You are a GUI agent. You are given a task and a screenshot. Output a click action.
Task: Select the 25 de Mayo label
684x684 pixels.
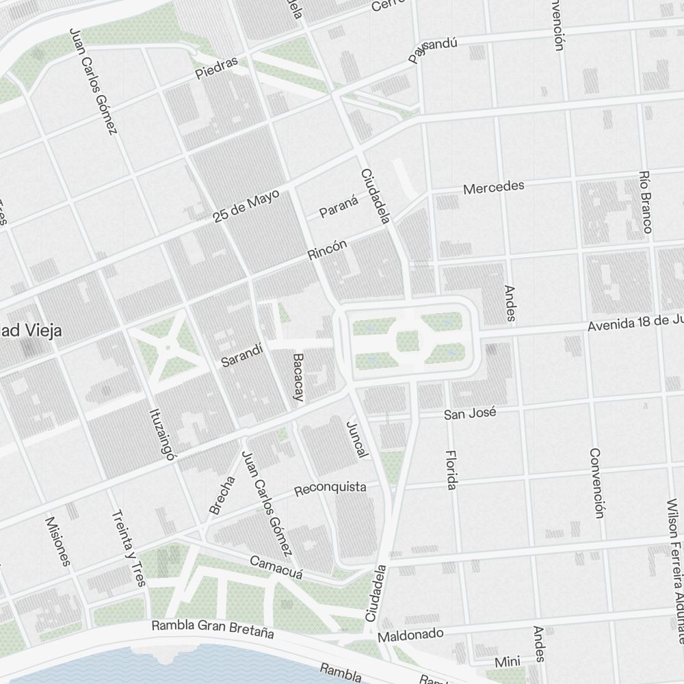click(x=246, y=206)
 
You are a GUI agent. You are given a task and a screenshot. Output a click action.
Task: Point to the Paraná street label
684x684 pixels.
click(x=339, y=207)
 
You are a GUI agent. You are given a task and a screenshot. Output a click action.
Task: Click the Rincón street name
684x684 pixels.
click(x=328, y=249)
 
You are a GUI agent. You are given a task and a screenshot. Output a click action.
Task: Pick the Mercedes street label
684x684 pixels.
click(x=493, y=187)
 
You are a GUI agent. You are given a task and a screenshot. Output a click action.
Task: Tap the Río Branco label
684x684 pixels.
click(x=644, y=202)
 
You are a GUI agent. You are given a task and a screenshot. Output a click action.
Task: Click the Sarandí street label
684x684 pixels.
click(x=242, y=356)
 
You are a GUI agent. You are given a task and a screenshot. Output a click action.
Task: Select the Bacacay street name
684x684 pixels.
click(x=299, y=377)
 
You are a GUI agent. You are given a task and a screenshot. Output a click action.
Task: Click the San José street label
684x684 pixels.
click(x=469, y=414)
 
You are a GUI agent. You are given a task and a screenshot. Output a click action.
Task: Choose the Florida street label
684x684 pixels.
click(x=450, y=469)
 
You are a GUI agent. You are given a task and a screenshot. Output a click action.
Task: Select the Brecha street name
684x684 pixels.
click(x=222, y=495)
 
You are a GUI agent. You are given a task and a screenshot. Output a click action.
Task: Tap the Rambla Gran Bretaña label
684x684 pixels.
click(x=212, y=629)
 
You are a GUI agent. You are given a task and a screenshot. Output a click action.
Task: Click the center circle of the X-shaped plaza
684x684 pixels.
click(x=167, y=347)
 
